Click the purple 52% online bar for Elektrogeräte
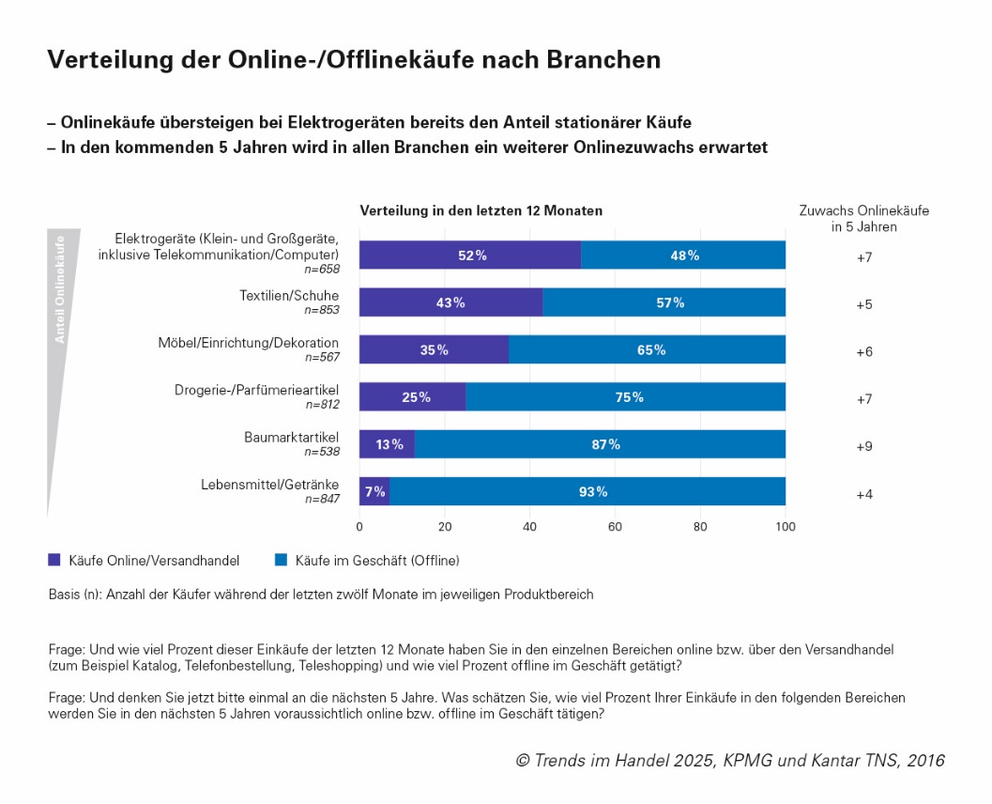(469, 255)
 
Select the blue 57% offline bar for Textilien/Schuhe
(664, 302)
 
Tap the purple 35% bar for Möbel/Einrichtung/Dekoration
(434, 349)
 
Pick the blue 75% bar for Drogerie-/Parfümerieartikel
(625, 396)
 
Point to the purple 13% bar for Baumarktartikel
(387, 444)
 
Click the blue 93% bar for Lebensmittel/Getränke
(587, 491)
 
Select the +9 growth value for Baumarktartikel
(864, 446)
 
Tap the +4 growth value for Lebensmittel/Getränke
(864, 494)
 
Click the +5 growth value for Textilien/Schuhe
(864, 303)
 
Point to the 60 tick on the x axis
(615, 527)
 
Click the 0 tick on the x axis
(359, 527)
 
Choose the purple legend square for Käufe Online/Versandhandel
(53, 561)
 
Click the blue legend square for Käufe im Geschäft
(281, 561)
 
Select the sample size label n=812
(322, 405)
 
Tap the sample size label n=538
(322, 452)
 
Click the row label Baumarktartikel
(291, 437)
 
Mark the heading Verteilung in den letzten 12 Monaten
(481, 210)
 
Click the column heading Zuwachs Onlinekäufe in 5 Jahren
(863, 219)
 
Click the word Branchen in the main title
(605, 60)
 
